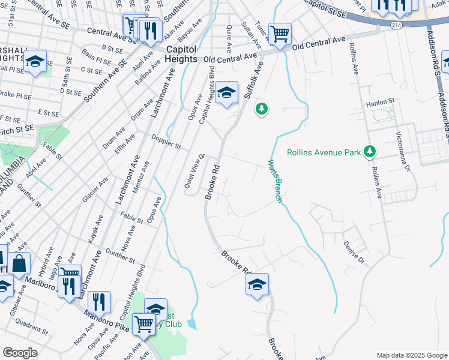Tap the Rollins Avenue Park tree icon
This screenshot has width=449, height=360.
coord(371,152)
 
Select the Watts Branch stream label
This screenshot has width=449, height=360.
coord(274,181)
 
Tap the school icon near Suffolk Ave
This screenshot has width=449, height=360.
coord(226,93)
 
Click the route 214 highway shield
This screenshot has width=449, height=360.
coord(396,25)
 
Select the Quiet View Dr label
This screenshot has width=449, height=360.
coord(194,171)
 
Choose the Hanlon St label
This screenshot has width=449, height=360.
coord(379,102)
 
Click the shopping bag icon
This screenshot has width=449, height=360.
coord(19,263)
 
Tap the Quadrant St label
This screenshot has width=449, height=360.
coord(32,325)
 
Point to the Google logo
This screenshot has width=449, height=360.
coord(20,353)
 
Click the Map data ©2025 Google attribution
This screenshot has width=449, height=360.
coord(411,355)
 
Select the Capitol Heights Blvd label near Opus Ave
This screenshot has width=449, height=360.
coord(206,91)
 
